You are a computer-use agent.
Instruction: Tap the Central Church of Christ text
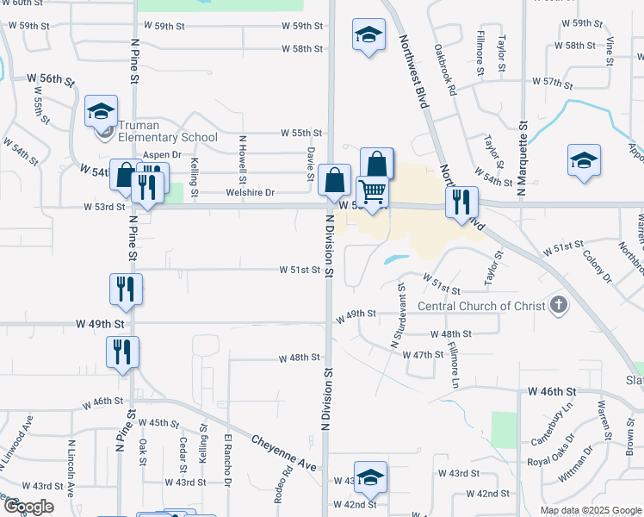coord(481,306)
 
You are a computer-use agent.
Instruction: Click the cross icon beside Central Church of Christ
coord(560,304)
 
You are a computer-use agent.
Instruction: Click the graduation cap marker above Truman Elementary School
coord(101,111)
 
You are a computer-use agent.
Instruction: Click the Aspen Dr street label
coord(162,155)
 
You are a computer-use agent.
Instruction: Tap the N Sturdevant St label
coord(399,314)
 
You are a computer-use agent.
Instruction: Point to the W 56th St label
coord(51,79)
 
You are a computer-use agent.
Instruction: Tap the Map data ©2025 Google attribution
coord(590,510)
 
